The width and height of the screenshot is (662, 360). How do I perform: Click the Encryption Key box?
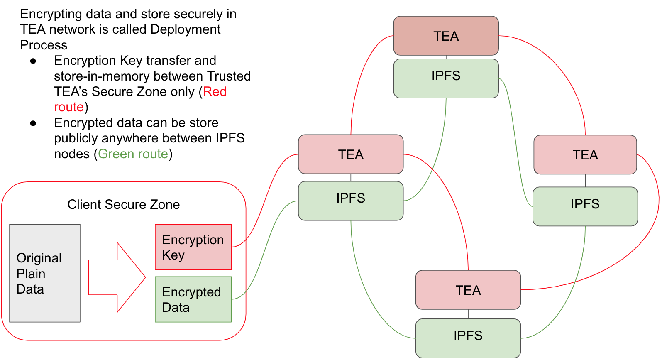[193, 247]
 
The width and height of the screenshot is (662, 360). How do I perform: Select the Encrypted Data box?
[193, 299]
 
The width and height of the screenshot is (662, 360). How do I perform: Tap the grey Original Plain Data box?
[45, 273]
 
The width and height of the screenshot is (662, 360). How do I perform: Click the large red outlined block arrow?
[117, 277]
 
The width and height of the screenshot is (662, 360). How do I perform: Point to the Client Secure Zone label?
[124, 205]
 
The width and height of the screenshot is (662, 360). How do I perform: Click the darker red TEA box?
[446, 36]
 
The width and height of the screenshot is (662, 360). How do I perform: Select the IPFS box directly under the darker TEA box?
[446, 78]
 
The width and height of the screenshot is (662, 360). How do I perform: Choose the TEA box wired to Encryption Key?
[351, 154]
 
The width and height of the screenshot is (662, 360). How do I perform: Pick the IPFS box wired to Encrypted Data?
[351, 201]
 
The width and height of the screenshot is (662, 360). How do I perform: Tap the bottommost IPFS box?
[468, 338]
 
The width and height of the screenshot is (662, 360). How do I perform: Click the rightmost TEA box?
[585, 154]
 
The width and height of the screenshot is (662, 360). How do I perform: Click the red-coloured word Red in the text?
[215, 92]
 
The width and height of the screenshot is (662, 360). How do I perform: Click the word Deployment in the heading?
[185, 29]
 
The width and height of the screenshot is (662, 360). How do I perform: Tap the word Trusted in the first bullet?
[229, 76]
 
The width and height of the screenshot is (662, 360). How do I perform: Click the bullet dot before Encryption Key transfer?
[33, 61]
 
